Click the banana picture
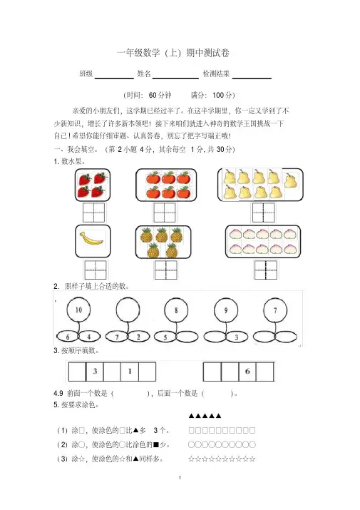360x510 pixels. (91, 241)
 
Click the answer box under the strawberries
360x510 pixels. (94, 213)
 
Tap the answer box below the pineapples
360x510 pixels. (166, 270)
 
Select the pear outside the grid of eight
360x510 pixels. (291, 180)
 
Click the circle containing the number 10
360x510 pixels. (78, 310)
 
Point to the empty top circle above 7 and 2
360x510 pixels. (128, 310)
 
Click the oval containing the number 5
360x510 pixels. (165, 337)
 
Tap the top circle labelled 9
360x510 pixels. (226, 310)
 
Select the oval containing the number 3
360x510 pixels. (237, 337)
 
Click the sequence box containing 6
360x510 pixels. (247, 371)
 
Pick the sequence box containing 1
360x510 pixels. (130, 371)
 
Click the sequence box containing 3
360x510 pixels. (95, 371)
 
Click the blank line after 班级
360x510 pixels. (114, 78)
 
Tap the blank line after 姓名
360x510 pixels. (175, 78)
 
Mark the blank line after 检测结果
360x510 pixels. (252, 78)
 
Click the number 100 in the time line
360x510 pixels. (218, 95)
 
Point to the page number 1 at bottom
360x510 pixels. (180, 477)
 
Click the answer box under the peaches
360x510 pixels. (266, 270)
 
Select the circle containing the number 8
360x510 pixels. (176, 310)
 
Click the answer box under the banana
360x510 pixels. (96, 270)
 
